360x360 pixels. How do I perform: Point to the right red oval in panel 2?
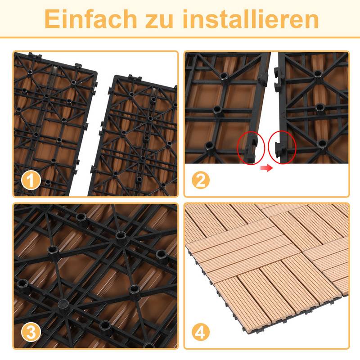tap(282, 147)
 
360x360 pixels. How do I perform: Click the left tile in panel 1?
tap(49, 121)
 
